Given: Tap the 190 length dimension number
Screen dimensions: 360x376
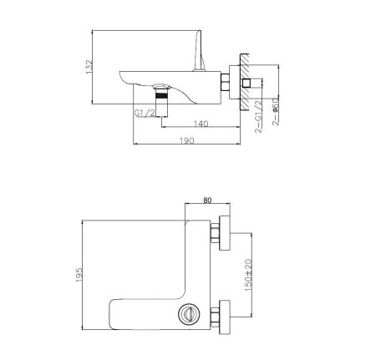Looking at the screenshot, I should (188, 141).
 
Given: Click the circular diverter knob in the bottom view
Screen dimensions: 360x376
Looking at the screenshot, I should (185, 315).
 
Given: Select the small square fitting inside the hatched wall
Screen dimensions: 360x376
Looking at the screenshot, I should (248, 84).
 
